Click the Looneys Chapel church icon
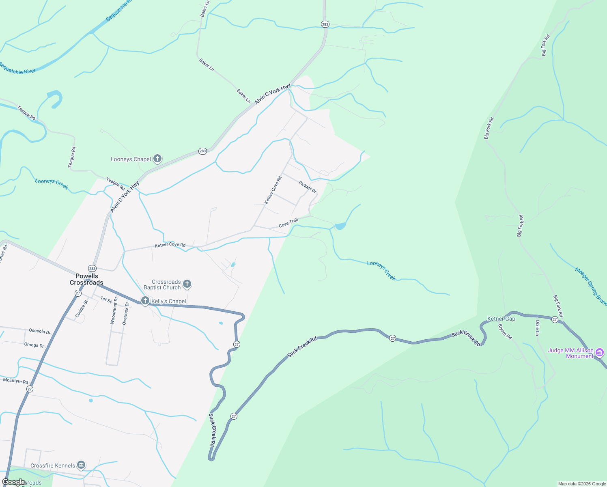click(x=157, y=159)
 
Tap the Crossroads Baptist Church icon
click(x=187, y=284)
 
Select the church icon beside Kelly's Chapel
click(x=145, y=301)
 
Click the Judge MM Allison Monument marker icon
click(x=599, y=353)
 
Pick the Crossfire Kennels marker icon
click(x=81, y=465)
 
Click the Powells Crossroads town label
click(x=86, y=279)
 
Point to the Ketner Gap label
click(x=501, y=319)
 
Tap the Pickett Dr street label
click(x=308, y=187)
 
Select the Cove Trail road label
click(x=288, y=223)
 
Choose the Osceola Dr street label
click(x=40, y=331)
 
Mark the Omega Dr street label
click(x=34, y=345)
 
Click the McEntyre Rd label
click(x=16, y=381)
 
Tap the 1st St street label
click(x=106, y=300)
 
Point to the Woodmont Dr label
click(x=115, y=310)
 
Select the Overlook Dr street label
click(x=126, y=313)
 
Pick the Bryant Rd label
click(x=505, y=332)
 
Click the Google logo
click(x=13, y=482)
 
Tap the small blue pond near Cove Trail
click(x=340, y=226)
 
